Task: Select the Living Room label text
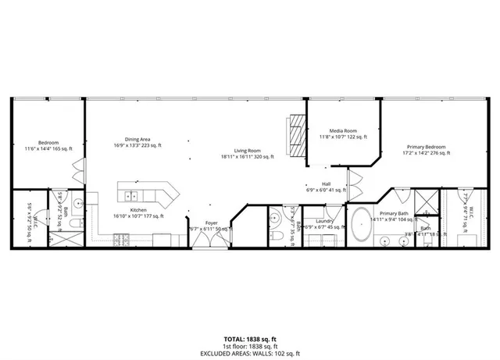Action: pos(247,151)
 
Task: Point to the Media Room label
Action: pos(343,131)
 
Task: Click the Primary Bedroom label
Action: pos(426,147)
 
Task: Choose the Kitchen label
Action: pos(138,210)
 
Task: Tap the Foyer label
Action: pos(211,223)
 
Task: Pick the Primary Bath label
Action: pos(394,213)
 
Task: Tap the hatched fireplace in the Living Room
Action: pos(295,137)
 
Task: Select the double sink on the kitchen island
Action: pos(132,195)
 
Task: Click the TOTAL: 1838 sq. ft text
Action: pos(249,339)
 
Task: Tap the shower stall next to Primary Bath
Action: pos(425,201)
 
